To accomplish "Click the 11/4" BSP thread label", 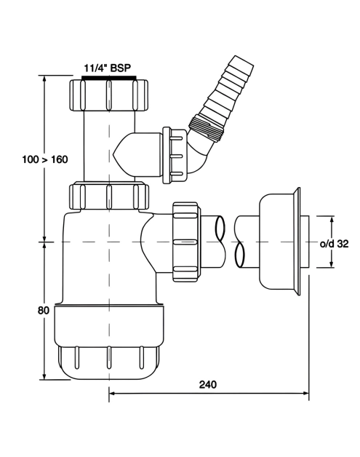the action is pos(107,68).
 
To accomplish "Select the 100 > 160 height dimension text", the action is pos(45,159).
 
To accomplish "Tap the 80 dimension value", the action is pos(44,311).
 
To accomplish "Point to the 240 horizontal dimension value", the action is pos(208,385).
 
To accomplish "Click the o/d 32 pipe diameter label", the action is pos(334,244).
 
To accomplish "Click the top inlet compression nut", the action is pos(109,95).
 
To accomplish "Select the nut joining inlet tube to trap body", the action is pos(109,196).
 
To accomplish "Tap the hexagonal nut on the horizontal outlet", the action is pos(187,242).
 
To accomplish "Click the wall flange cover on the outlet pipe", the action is pos(279,242).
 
